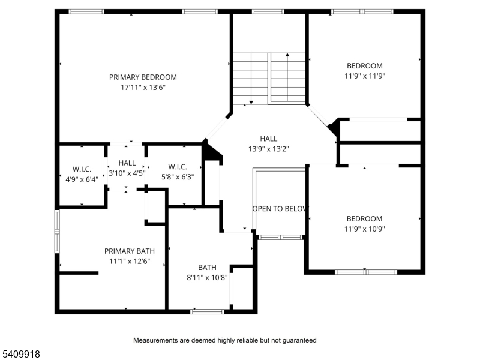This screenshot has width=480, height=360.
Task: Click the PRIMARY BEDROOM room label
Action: (x=143, y=77)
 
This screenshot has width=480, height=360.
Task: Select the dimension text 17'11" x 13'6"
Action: (x=143, y=87)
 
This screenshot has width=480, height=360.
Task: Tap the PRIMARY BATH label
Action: (x=130, y=251)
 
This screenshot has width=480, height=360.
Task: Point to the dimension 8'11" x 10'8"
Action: (x=207, y=277)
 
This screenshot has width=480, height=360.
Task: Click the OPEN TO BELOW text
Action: (x=280, y=209)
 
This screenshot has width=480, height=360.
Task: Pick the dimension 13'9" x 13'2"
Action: (x=269, y=149)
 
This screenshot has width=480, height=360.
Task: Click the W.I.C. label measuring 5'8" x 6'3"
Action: (x=178, y=167)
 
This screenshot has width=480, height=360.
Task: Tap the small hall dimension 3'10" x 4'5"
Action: (x=127, y=173)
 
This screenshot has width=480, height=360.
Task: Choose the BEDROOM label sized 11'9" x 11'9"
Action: (x=364, y=66)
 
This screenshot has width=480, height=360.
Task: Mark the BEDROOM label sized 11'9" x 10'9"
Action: (x=364, y=219)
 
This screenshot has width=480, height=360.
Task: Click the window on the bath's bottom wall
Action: (x=208, y=311)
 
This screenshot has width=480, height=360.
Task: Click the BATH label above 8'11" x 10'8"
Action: (x=207, y=267)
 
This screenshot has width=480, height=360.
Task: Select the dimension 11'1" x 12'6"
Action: (x=130, y=261)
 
